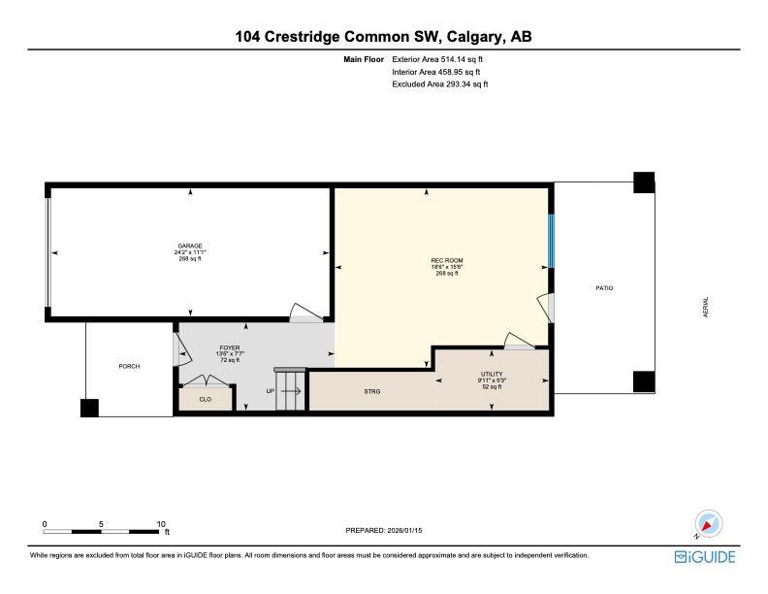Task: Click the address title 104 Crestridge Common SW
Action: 383,37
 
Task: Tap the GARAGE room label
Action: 189,246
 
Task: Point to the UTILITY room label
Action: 493,374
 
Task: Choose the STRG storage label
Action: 371,391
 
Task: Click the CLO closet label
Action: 206,398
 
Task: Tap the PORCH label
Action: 129,366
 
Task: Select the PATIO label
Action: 604,288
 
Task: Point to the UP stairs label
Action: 272,391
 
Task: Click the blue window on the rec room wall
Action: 552,242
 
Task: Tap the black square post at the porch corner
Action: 89,409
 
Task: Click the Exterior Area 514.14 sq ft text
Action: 436,60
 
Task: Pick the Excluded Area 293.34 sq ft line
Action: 439,84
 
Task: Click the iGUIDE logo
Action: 705,556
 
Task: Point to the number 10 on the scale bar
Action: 161,524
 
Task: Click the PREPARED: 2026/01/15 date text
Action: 385,530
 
